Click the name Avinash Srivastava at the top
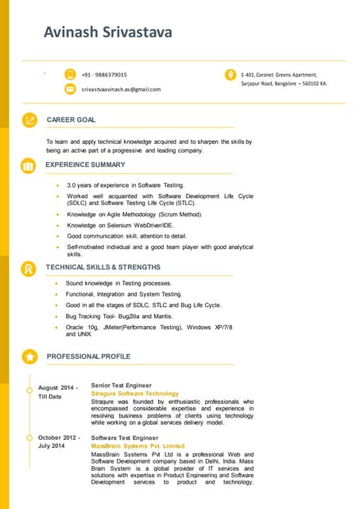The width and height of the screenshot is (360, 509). click(x=107, y=33)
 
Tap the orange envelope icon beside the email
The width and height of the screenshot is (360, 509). click(x=70, y=90)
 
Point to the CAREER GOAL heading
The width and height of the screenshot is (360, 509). click(x=71, y=119)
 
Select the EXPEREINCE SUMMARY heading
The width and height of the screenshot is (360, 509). click(x=85, y=165)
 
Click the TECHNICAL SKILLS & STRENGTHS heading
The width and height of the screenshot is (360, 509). click(x=103, y=267)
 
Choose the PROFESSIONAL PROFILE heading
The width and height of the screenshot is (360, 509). click(x=88, y=356)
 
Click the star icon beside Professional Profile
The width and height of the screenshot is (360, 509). click(x=29, y=356)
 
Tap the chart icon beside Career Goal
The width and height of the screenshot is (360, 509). click(x=29, y=120)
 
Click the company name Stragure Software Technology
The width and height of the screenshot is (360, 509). click(x=135, y=394)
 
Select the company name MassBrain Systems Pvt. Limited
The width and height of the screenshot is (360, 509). click(x=137, y=446)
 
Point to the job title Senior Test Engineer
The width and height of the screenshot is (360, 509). click(x=121, y=385)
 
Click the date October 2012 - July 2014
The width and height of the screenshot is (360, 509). click(x=58, y=441)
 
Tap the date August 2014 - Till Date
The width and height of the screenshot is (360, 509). click(x=58, y=391)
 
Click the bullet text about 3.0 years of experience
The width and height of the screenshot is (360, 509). click(x=126, y=185)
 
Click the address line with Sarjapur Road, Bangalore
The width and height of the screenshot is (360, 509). click(x=284, y=83)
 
